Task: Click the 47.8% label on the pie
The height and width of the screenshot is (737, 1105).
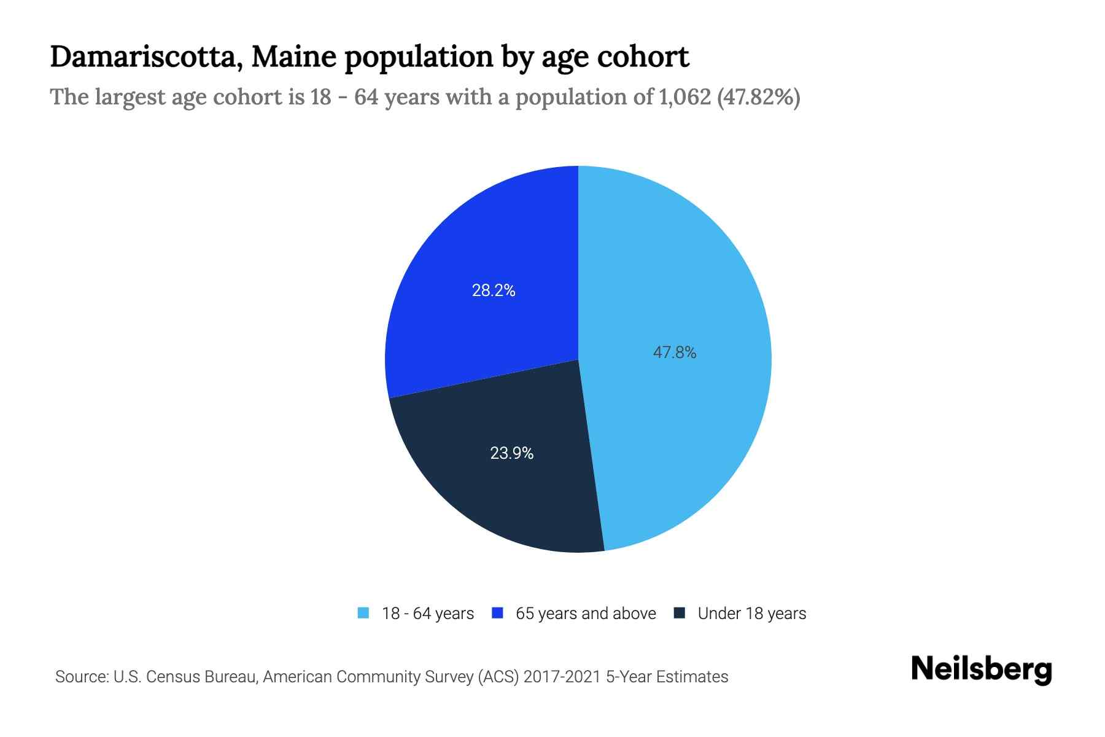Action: [674, 353]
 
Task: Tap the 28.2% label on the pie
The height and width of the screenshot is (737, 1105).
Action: [494, 291]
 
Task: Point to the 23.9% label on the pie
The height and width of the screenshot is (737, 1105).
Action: [511, 453]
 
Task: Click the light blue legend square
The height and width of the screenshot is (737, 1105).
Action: [363, 613]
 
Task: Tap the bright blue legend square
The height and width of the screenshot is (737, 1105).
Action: [497, 613]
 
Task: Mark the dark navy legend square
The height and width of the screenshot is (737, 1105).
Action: [679, 613]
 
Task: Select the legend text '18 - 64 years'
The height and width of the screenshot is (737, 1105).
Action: [428, 614]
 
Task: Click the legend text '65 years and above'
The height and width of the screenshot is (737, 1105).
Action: [586, 614]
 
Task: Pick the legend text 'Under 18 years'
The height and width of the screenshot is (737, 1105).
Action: [751, 614]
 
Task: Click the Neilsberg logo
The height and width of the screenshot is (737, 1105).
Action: [981, 669]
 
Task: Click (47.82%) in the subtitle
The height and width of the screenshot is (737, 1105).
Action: [758, 97]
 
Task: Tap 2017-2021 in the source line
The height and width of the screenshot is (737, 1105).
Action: [562, 677]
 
